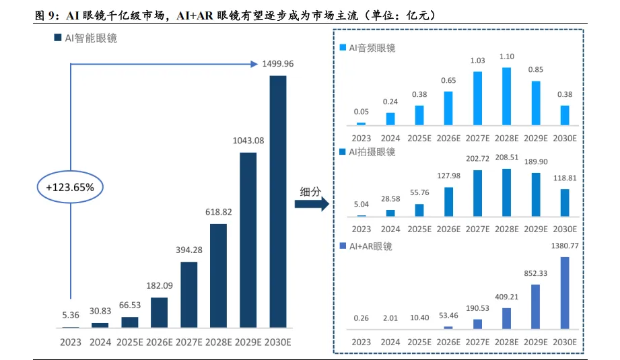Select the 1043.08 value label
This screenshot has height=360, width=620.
[x=248, y=141]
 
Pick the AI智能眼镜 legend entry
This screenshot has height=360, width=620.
[x=85, y=38]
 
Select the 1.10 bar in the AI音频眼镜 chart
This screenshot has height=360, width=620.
[x=506, y=96]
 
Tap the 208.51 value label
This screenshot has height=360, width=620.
[x=506, y=158]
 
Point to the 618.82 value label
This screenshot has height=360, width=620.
[x=218, y=212]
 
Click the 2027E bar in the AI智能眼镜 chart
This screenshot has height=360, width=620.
[x=188, y=294]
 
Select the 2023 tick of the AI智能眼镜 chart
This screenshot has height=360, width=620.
[x=70, y=342]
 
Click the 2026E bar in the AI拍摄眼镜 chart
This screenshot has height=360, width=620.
[x=448, y=201]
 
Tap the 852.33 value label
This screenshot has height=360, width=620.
[x=536, y=273]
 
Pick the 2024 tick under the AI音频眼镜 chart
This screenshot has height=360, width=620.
[x=390, y=138]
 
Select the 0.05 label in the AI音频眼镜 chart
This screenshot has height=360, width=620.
[x=361, y=112]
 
